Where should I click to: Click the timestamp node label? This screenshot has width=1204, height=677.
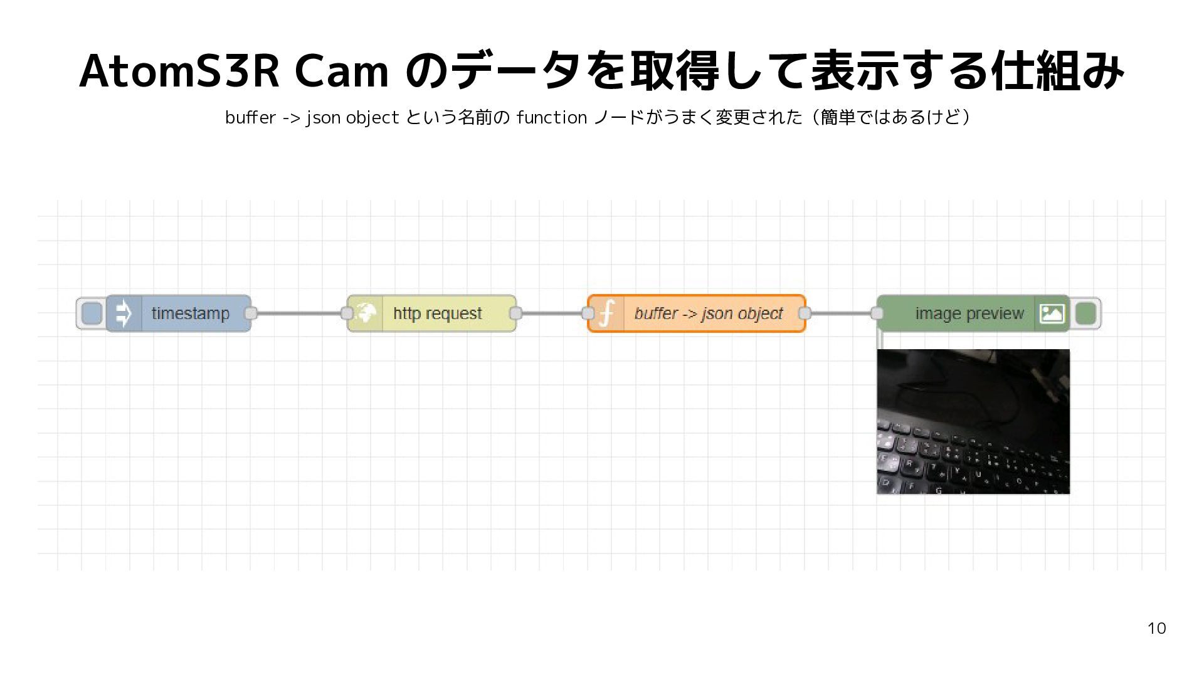tap(191, 313)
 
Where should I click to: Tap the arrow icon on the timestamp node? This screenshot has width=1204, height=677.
tap(124, 313)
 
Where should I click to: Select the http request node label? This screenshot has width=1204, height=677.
tap(438, 313)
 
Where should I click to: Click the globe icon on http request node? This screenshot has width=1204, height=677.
tap(366, 313)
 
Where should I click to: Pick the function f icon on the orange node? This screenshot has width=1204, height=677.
tap(606, 313)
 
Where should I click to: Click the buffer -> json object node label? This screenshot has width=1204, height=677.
tap(709, 313)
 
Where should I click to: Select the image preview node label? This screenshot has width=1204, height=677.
tap(969, 313)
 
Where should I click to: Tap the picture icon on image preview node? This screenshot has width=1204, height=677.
tap(1052, 313)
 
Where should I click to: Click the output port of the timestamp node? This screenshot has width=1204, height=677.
tap(251, 313)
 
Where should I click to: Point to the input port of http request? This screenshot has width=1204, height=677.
tap(347, 313)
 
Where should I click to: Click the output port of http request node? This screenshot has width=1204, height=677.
tap(516, 313)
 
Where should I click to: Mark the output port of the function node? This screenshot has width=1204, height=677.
tap(805, 313)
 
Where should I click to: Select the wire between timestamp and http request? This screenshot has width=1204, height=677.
tap(299, 313)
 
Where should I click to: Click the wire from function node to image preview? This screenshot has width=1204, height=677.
tap(841, 313)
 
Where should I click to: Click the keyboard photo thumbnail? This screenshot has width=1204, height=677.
tap(973, 422)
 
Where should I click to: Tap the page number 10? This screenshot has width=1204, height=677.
tap(1156, 628)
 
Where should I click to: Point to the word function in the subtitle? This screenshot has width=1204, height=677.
tap(551, 117)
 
